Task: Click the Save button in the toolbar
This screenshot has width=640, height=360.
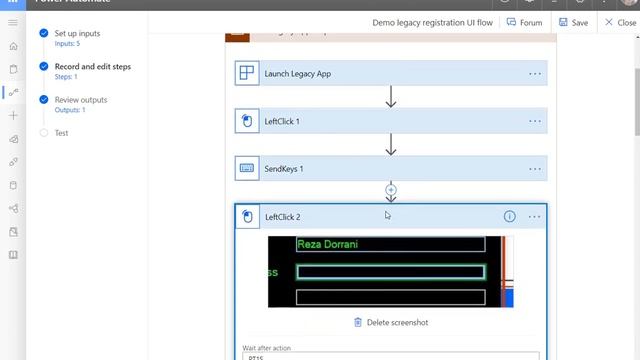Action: tap(573, 22)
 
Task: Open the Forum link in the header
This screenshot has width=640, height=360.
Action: tap(525, 22)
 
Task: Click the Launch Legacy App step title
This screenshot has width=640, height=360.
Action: tap(299, 73)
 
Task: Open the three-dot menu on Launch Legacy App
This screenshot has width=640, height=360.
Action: tap(535, 73)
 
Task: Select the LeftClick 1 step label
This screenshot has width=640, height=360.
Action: tap(282, 121)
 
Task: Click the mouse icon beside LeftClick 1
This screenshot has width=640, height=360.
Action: tap(247, 121)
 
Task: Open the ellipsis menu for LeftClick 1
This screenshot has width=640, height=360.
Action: tap(535, 121)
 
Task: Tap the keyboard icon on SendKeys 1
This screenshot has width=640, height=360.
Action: tap(247, 169)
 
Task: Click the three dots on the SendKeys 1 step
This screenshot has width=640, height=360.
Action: tap(535, 169)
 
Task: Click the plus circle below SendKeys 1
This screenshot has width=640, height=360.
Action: tap(391, 190)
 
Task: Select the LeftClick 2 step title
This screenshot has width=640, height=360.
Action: tap(282, 217)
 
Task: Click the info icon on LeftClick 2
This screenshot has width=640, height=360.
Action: tap(509, 217)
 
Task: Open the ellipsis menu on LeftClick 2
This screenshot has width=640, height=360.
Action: tap(535, 217)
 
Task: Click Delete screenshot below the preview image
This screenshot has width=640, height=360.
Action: tap(391, 322)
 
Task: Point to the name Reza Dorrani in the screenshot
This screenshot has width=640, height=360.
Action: tap(328, 244)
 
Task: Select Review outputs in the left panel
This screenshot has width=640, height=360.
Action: tap(81, 100)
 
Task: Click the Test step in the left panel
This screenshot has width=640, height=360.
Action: tap(62, 133)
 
